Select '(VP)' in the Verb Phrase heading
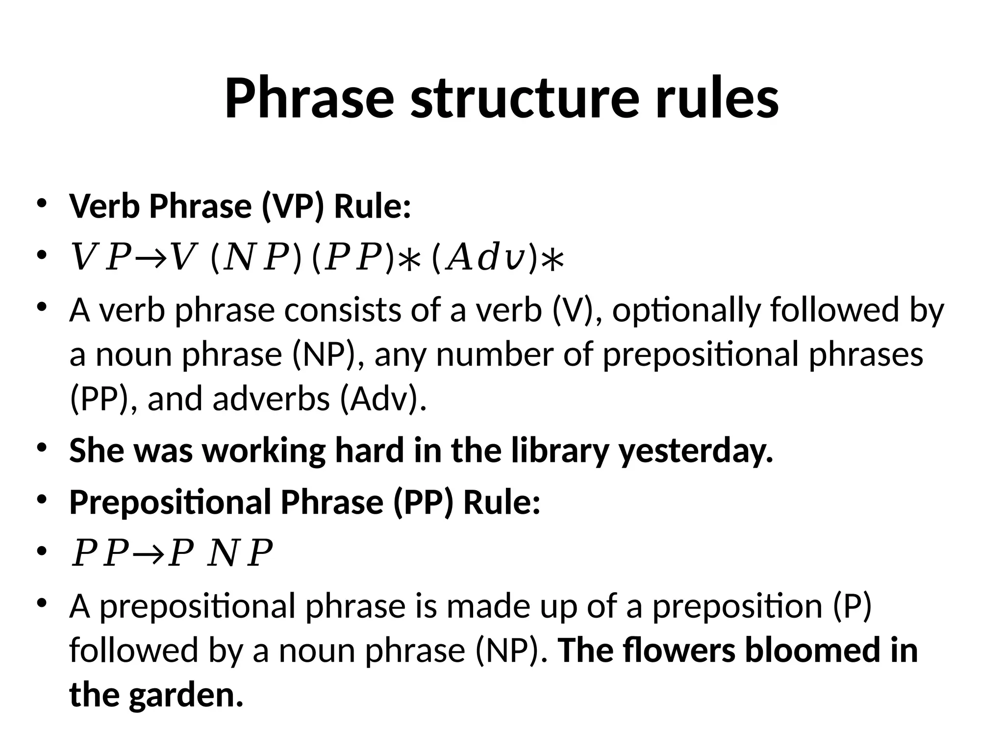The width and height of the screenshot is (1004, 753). pos(293,206)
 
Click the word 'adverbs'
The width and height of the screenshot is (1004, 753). pos(271,399)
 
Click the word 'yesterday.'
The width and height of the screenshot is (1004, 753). pos(696,451)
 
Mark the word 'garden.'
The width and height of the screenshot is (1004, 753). pos(186,695)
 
